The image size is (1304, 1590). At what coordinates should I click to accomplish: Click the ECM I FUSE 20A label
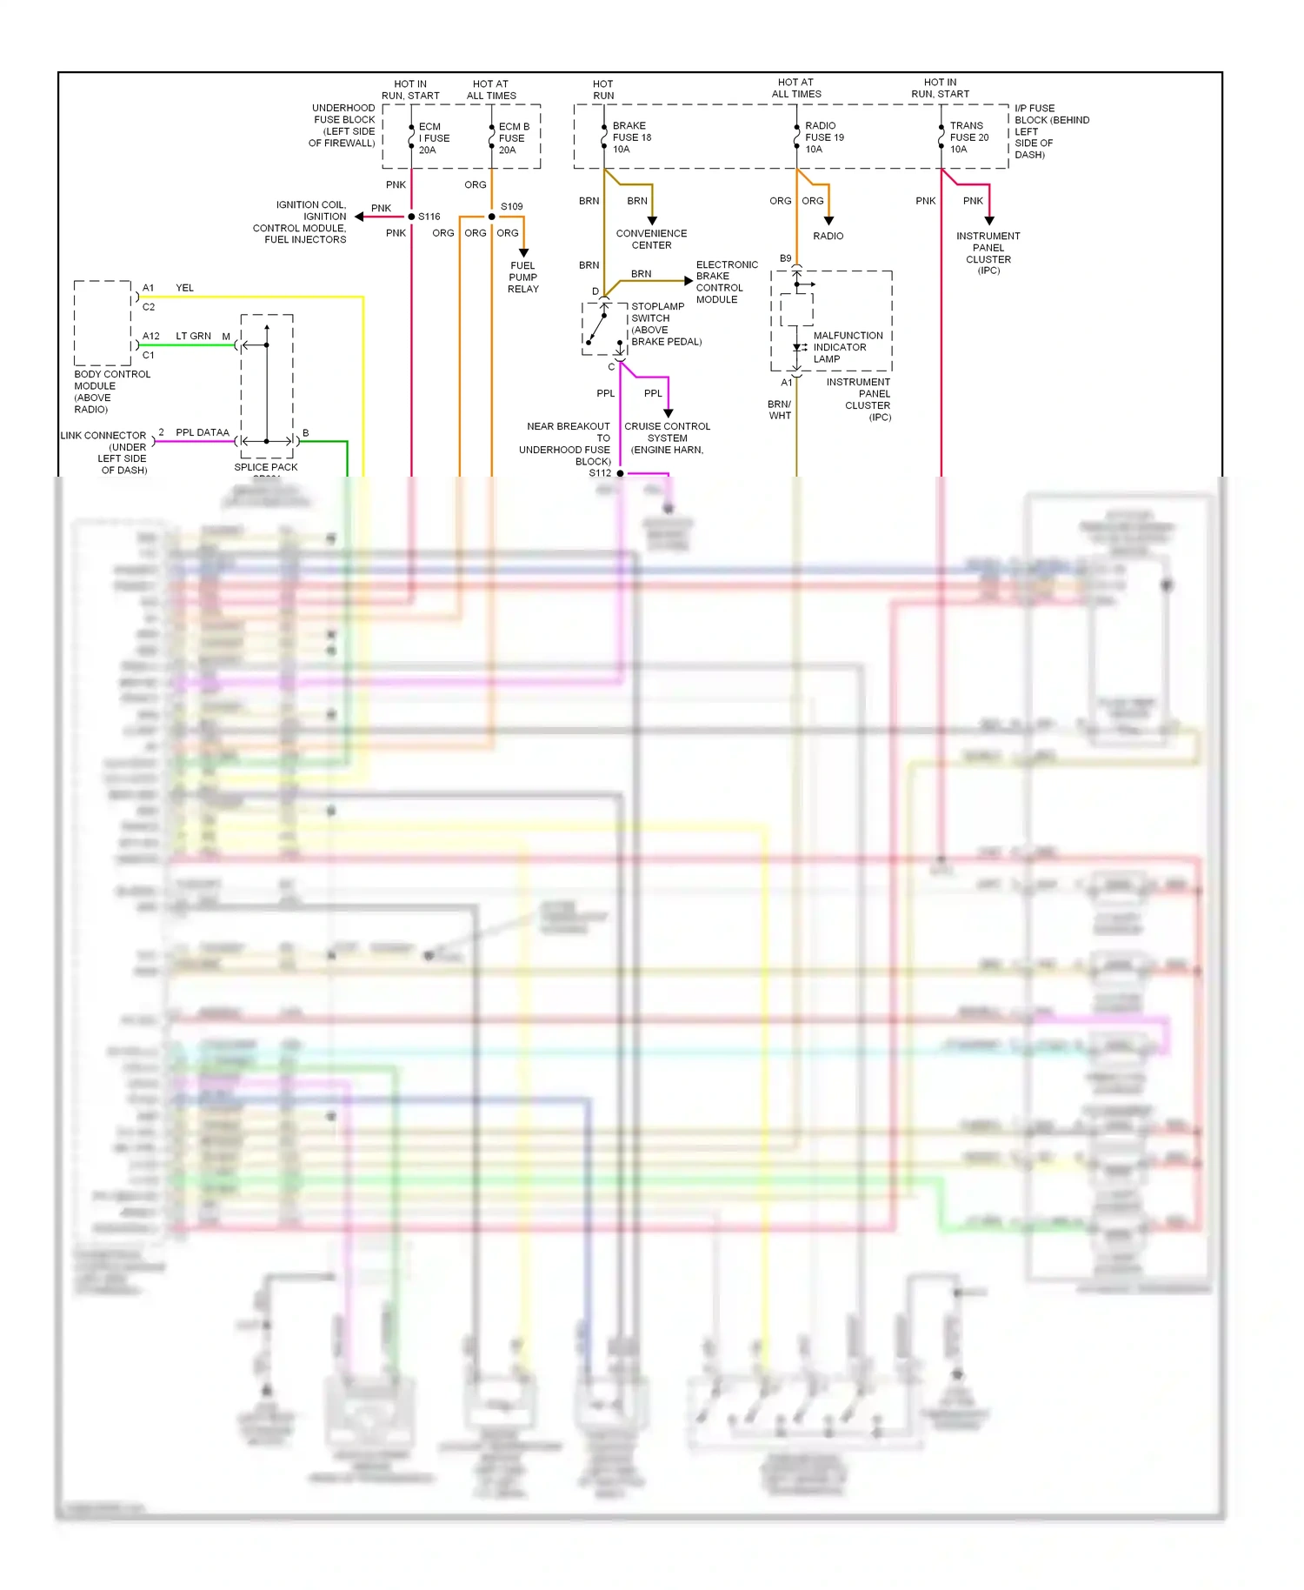[433, 138]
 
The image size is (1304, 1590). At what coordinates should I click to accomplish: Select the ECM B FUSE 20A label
[513, 138]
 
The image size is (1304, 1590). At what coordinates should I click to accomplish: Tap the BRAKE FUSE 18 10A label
[631, 137]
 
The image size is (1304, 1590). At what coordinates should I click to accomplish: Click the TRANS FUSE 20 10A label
[968, 137]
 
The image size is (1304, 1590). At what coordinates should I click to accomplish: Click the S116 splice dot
[411, 217]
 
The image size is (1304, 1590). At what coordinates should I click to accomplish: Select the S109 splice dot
[491, 217]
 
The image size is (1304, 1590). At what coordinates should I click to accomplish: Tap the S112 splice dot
[620, 473]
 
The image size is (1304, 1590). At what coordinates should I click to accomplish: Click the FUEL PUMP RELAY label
[523, 277]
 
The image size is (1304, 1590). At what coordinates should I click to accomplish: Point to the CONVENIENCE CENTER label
[651, 239]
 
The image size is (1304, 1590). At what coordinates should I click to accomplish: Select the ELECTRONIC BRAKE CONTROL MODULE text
[726, 282]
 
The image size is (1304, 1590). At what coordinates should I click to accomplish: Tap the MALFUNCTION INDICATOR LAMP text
[847, 347]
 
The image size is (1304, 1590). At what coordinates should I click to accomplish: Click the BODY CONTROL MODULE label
[111, 391]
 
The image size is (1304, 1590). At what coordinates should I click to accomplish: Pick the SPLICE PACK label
[265, 467]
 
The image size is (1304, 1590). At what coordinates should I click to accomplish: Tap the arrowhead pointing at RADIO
[828, 221]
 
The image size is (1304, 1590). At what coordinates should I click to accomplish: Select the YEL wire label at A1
[184, 288]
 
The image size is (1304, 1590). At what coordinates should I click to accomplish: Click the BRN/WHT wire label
[780, 410]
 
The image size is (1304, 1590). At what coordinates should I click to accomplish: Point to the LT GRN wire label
[193, 336]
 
